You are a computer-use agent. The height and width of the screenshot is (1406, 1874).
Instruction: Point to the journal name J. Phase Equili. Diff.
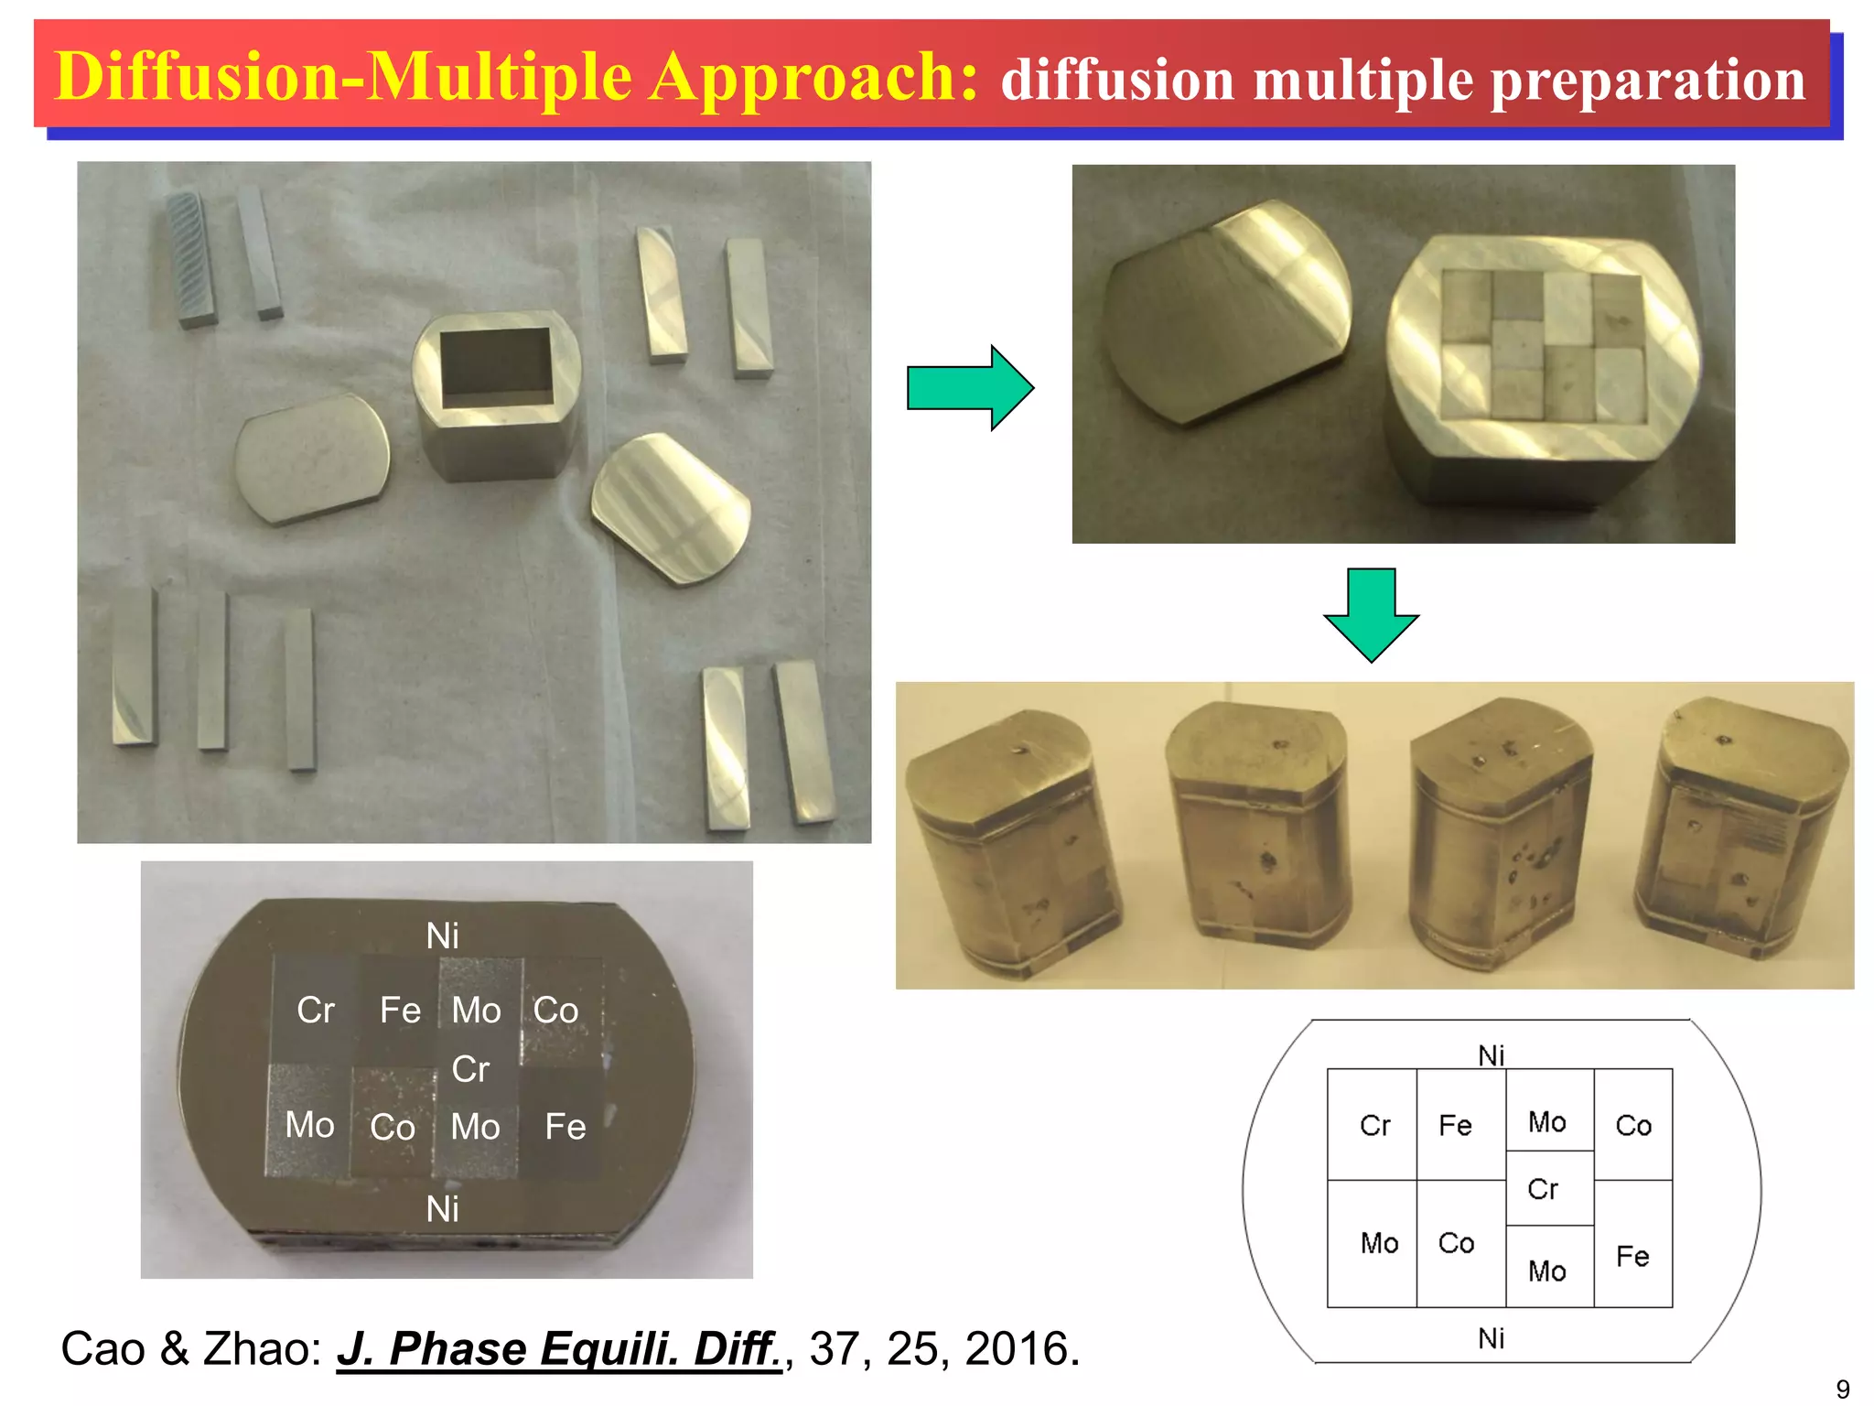559,1349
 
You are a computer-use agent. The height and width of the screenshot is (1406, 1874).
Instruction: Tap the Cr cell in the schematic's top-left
1374,1125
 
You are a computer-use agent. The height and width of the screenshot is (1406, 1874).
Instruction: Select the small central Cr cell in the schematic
1543,1189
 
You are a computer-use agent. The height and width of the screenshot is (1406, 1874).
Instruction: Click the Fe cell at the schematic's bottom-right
1632,1256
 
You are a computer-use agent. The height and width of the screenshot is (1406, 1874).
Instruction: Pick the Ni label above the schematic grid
1492,1055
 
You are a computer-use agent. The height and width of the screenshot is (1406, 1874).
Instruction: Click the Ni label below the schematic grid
1492,1338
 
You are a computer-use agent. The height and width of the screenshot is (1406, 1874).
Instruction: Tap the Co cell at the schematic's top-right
1633,1125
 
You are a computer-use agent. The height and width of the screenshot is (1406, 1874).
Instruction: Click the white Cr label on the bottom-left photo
316,1011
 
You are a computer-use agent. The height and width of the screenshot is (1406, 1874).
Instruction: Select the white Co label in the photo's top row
555,1011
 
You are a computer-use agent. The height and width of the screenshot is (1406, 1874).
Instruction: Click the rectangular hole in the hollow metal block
496,368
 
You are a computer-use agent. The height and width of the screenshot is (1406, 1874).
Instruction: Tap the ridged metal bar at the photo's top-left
192,259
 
